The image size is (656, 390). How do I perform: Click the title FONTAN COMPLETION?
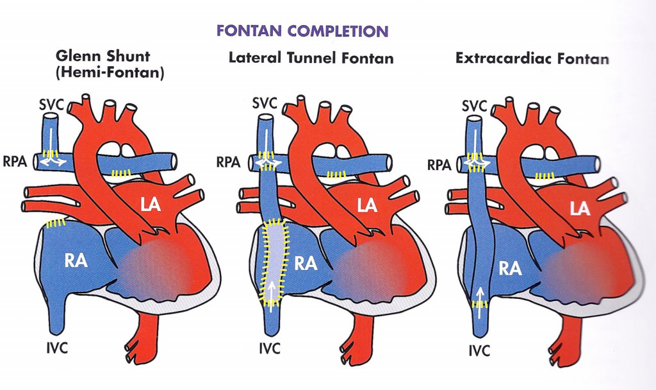click(x=302, y=31)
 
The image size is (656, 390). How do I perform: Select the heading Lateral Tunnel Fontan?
click(x=311, y=58)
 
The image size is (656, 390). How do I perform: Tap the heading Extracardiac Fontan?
click(x=532, y=58)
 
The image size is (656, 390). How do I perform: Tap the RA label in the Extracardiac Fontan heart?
click(x=510, y=268)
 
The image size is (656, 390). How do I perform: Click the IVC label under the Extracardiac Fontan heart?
click(x=478, y=351)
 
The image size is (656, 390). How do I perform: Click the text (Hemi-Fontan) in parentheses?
click(x=110, y=74)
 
